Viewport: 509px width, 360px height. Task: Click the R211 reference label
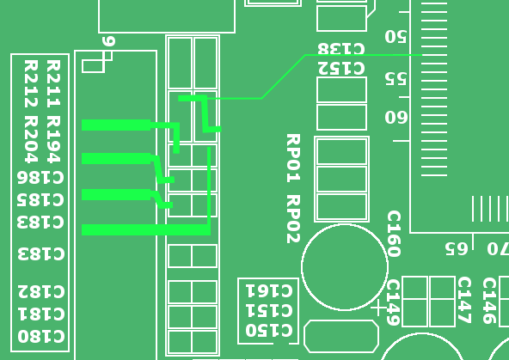pyautogui.click(x=53, y=83)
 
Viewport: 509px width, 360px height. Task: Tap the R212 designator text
pyautogui.click(x=31, y=83)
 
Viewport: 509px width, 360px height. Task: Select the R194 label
pyautogui.click(x=53, y=139)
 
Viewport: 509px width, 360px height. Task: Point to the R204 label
pyautogui.click(x=31, y=139)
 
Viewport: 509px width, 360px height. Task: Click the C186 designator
pyautogui.click(x=40, y=177)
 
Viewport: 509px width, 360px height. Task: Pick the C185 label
pyautogui.click(x=40, y=200)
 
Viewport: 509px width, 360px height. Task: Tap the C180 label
pyautogui.click(x=41, y=336)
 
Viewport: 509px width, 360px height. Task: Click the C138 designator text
pyautogui.click(x=341, y=49)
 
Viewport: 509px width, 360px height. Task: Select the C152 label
pyautogui.click(x=341, y=69)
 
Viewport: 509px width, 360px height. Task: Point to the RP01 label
pyautogui.click(x=293, y=158)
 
